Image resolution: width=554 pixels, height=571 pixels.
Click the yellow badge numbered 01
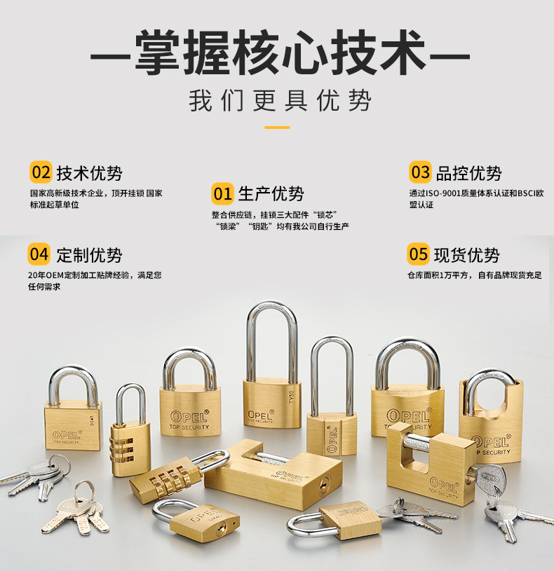pos(222,194)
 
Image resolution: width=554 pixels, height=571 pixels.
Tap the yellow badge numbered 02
pos(41,172)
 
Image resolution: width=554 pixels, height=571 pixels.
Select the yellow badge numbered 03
pos(420,172)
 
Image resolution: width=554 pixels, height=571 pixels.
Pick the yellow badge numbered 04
pos(39,254)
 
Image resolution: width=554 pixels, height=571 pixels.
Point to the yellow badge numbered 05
pos(418,254)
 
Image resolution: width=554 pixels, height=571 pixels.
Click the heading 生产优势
pos(271,194)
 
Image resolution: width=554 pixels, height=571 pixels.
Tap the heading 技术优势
pos(89,173)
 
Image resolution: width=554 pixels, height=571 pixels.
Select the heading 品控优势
pos(468,173)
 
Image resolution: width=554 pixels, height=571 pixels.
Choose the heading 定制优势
pos(89,255)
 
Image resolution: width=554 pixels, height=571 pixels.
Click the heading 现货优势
pos(466,255)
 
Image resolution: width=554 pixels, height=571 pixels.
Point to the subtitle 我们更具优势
pos(280,100)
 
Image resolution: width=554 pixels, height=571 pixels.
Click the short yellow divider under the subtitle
pos(278,128)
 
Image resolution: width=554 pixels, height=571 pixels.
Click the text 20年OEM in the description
pos(46,275)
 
